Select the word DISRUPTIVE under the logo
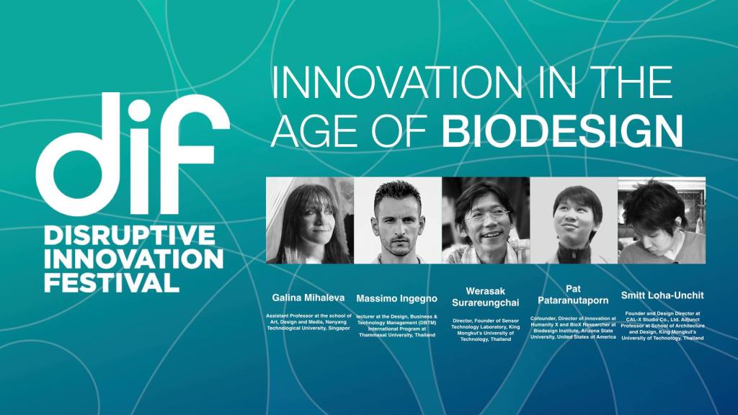coord(130,235)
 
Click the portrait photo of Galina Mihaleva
coord(310,220)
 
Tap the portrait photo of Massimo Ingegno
coord(398,220)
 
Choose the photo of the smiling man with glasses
coord(486,220)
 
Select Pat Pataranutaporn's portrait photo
coord(574,220)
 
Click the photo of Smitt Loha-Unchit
coord(662,220)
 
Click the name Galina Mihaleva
coord(309,298)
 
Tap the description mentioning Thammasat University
coord(397,325)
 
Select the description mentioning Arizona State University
coord(573,327)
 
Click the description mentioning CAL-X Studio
coord(661,325)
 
